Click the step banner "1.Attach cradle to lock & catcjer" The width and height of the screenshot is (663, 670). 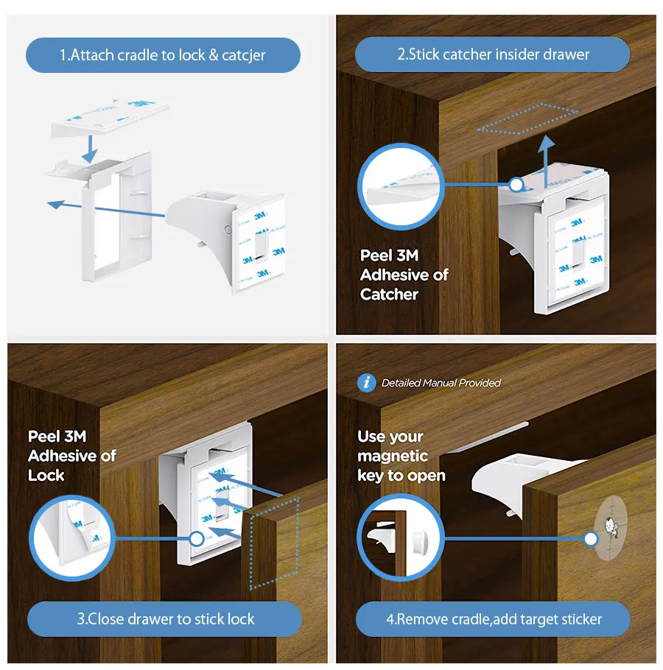point(163,55)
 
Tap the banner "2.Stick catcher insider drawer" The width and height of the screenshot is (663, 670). point(492,54)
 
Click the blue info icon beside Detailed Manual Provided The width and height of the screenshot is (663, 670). point(366,383)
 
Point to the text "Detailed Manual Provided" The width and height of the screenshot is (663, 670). point(441,383)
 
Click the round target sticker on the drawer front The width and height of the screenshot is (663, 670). point(611,527)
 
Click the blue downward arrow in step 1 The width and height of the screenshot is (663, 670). point(90,146)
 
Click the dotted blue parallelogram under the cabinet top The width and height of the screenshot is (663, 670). point(527,119)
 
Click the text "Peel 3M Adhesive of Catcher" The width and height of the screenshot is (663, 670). point(404,275)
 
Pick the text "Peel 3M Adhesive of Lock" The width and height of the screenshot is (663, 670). point(71,456)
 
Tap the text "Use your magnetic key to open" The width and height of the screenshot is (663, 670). point(401,456)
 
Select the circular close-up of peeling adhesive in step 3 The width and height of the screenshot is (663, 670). point(71,537)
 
